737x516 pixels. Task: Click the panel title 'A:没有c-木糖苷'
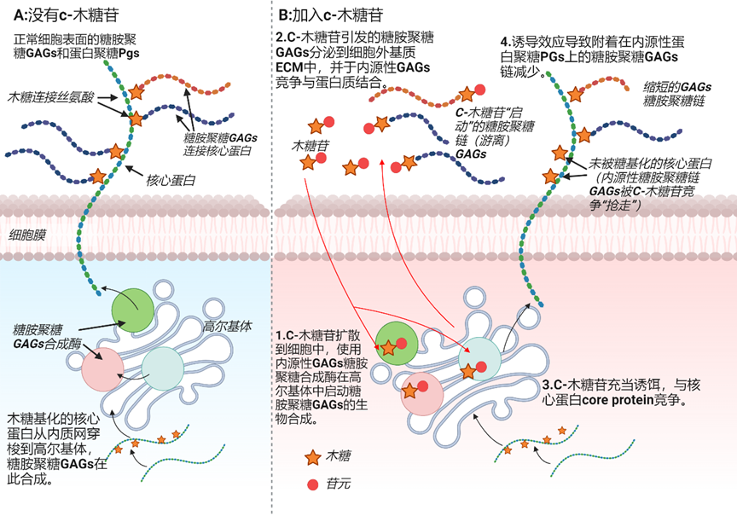coord(66,15)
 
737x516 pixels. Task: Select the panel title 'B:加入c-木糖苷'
coord(331,15)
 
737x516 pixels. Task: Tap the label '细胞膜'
coord(28,235)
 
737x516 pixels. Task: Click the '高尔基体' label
coord(228,326)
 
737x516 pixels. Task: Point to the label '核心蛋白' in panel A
coord(171,180)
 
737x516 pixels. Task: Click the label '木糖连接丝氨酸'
coord(51,97)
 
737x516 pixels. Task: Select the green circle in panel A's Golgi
coord(132,310)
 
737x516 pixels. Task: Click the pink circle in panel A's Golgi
coord(103,369)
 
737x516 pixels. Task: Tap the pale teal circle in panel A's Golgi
coord(163,368)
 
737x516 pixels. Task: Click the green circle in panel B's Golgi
coord(397,344)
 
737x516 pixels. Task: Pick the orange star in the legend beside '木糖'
coord(313,457)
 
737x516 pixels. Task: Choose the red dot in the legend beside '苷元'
coord(312,484)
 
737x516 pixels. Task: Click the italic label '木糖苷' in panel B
coord(310,146)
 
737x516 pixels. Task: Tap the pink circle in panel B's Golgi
coord(421,394)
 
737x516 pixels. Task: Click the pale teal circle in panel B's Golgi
coord(480,358)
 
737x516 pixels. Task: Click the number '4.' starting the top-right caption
coord(506,42)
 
